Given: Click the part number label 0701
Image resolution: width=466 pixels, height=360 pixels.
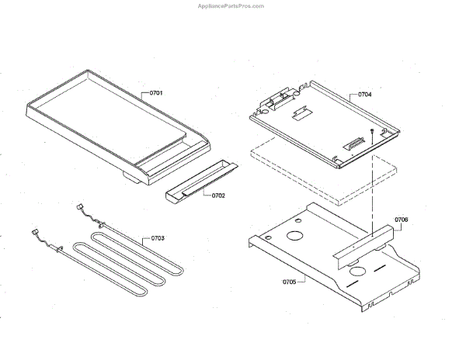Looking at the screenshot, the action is [x=155, y=93].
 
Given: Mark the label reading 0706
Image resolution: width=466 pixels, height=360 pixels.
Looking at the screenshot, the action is [x=401, y=220].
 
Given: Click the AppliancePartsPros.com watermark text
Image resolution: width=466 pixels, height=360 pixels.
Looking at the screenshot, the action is [x=232, y=5].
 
